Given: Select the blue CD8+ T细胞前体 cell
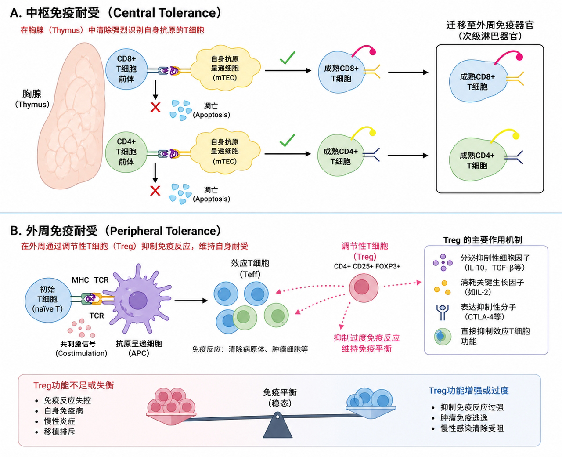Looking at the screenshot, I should pos(126,69).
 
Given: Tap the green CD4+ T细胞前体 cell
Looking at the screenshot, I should pos(126,152).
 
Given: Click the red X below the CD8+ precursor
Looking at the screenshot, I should pos(155,107).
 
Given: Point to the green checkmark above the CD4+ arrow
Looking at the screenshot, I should pos(287,141).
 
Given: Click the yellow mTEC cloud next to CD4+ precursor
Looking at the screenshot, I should pos(225,152).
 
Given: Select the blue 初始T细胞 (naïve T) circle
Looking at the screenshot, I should pos(47,299).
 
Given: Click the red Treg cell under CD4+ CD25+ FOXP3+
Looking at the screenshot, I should pos(364,287).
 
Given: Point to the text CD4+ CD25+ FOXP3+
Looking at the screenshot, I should pos(367,266).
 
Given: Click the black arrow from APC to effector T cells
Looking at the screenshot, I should pos(191,301).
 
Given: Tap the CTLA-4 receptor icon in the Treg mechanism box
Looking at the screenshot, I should pos(442,312).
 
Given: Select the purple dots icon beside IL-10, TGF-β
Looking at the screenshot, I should pos(442,262).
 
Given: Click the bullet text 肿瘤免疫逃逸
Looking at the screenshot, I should pos(464,417).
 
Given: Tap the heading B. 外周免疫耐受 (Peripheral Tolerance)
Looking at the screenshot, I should pos(115,231).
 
